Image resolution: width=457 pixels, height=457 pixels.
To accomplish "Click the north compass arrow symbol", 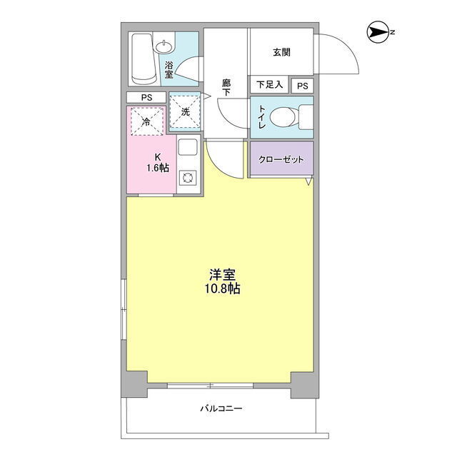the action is point(378,32).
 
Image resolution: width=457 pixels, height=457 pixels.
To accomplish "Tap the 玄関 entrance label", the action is point(281,52).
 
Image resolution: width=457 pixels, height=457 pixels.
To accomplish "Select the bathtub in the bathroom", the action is point(142,59).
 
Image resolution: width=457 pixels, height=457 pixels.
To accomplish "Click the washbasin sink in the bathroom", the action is point(164,46).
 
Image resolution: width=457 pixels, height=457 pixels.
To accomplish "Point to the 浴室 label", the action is point(169,70).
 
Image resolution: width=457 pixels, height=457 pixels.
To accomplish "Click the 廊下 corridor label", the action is point(226,88).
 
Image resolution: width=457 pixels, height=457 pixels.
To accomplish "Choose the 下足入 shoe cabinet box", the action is point(269,84).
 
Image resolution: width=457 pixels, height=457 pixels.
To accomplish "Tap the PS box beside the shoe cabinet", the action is point(303,86).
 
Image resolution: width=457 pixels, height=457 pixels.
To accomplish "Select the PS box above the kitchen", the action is point(146,97).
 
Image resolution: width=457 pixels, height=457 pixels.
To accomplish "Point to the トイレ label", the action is point(262,117).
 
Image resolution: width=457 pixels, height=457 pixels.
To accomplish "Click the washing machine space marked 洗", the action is point(185,111).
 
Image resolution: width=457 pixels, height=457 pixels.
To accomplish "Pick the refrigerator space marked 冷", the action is point(147,121).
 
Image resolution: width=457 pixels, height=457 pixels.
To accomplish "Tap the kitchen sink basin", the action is point(188,147).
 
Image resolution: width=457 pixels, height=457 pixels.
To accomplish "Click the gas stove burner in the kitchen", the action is point(188,178).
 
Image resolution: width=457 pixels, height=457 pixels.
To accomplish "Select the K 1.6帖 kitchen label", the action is point(158,163).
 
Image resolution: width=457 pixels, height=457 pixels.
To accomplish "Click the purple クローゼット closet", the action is point(282,159).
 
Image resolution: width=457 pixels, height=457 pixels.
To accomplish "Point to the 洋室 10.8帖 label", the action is point(222,281).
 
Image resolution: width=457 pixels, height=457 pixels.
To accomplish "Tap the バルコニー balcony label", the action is point(221,408).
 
